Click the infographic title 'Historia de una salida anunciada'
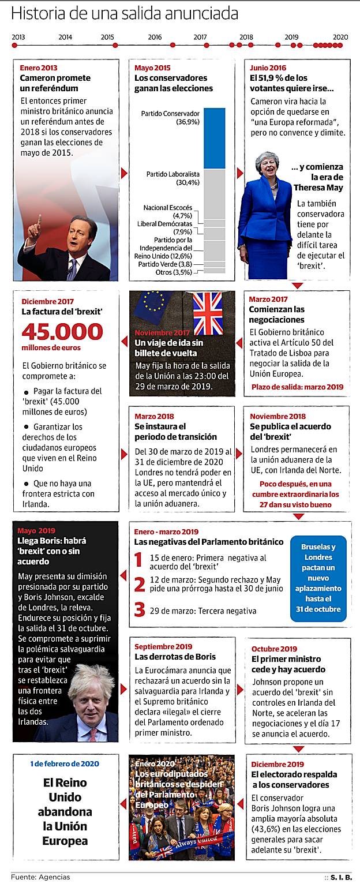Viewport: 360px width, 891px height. point(124,14)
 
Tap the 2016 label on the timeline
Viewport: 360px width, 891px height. point(155,37)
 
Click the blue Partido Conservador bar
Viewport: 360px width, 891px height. point(215,138)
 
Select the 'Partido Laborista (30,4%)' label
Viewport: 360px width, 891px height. point(173,178)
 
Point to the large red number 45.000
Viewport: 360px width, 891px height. point(62,331)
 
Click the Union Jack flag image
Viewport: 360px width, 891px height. point(208,313)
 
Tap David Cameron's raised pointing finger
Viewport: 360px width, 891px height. point(38,219)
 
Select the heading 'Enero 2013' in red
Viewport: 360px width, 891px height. point(38,68)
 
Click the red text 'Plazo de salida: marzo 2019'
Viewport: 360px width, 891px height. point(297,387)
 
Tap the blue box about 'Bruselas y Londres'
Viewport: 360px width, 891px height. point(318,578)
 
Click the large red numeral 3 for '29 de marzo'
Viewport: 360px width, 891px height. point(139,610)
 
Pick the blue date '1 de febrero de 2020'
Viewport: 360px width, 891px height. point(65,764)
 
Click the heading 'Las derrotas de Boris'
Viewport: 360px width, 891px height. point(175,657)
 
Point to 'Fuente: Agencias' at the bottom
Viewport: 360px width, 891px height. point(40,877)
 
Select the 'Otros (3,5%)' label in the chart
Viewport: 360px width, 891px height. point(174,272)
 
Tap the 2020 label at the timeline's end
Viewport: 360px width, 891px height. point(340,37)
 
